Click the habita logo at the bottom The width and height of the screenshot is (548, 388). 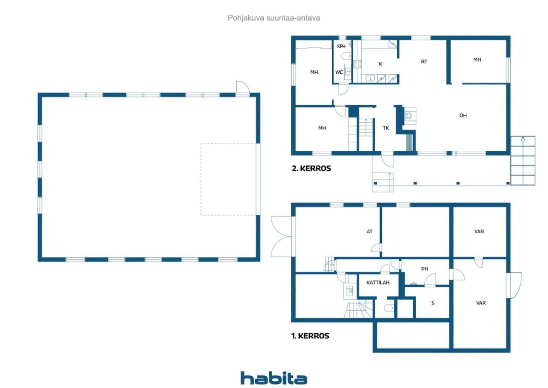tap(274, 378)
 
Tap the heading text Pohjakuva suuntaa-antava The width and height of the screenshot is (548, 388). tap(274, 18)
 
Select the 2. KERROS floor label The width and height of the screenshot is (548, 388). tap(311, 168)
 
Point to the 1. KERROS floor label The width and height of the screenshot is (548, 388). tap(310, 336)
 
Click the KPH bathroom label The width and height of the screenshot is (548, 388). tap(341, 46)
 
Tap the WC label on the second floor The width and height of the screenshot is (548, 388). tap(339, 72)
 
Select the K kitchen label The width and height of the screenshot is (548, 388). tap(380, 64)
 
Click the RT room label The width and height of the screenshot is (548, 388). tap(424, 62)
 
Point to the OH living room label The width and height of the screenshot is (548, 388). tap(463, 115)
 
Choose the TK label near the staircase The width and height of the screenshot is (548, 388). tap(386, 127)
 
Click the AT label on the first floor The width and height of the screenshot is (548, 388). tap(369, 232)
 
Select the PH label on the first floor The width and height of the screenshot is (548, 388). tap(424, 269)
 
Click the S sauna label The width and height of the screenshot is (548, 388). tap(433, 303)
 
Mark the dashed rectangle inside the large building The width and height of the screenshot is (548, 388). tap(229, 179)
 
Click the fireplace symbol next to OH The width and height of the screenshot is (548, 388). tap(409, 115)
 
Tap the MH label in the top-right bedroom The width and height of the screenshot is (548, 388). tap(477, 60)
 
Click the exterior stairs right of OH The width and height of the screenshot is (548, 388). tap(523, 160)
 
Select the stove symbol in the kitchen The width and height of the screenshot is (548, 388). tap(357, 64)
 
